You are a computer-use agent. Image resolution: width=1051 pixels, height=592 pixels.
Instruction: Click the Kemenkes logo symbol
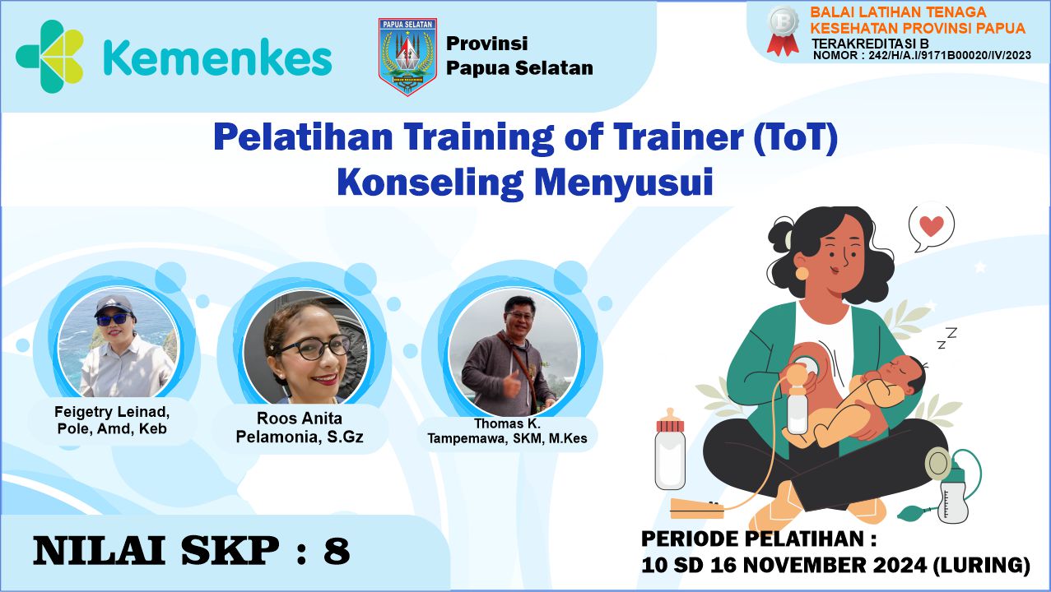(x=50, y=57)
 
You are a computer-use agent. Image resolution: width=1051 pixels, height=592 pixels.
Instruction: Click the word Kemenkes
(x=218, y=58)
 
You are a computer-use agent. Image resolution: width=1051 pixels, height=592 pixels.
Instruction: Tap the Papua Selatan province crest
(x=407, y=57)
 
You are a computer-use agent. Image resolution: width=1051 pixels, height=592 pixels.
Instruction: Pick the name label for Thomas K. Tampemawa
(x=507, y=432)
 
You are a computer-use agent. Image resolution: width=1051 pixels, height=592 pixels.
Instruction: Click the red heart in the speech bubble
(x=931, y=226)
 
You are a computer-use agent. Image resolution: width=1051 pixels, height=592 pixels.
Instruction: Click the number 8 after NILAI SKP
(x=337, y=551)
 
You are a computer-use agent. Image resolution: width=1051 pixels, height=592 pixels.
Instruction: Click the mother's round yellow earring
(x=802, y=271)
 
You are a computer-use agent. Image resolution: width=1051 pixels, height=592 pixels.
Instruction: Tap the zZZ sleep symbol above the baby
(x=946, y=337)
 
